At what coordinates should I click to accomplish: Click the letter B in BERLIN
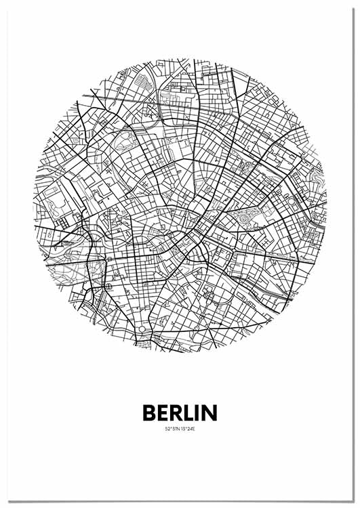pos(149,412)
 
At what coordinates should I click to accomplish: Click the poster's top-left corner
pos(3,2)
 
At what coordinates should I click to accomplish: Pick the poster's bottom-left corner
pos(3,502)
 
